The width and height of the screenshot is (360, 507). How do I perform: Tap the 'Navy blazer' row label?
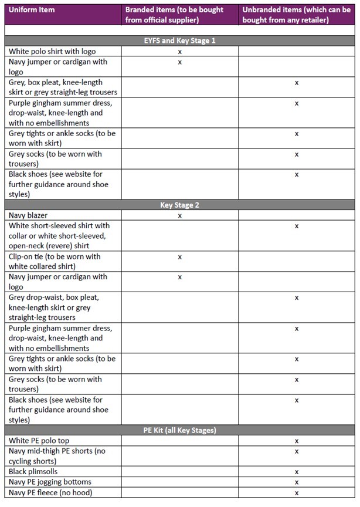tap(29, 215)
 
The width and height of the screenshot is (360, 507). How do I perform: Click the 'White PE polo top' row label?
tap(43, 440)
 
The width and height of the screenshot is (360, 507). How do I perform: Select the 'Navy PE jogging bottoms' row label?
tap(50, 482)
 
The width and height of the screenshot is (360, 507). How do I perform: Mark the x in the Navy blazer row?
tap(180, 216)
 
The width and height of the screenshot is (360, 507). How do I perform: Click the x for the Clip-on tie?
tap(180, 257)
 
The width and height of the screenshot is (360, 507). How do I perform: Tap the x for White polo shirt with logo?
tap(180, 52)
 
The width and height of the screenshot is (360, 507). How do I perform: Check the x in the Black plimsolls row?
tap(297, 472)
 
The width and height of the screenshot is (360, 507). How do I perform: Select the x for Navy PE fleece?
tap(297, 492)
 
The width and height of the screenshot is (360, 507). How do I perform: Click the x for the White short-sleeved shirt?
tap(297, 226)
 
